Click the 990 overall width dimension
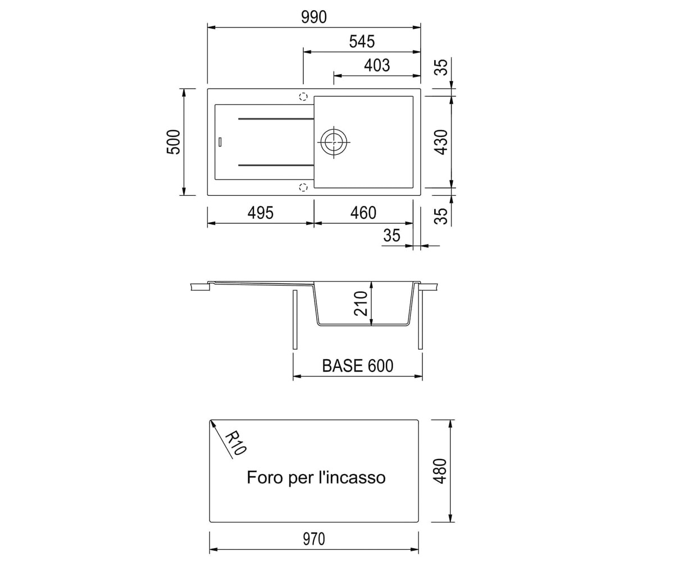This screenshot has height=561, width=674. coord(314,17)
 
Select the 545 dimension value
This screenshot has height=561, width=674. coord(362,42)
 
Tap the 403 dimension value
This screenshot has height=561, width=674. coord(377,66)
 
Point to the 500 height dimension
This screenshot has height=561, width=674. coord(174,142)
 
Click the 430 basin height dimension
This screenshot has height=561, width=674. coord(441,142)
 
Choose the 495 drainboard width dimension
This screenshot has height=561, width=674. coord(261,213)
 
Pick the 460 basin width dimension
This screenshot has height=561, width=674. coord(363,213)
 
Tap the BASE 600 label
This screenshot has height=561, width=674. coord(358,366)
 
